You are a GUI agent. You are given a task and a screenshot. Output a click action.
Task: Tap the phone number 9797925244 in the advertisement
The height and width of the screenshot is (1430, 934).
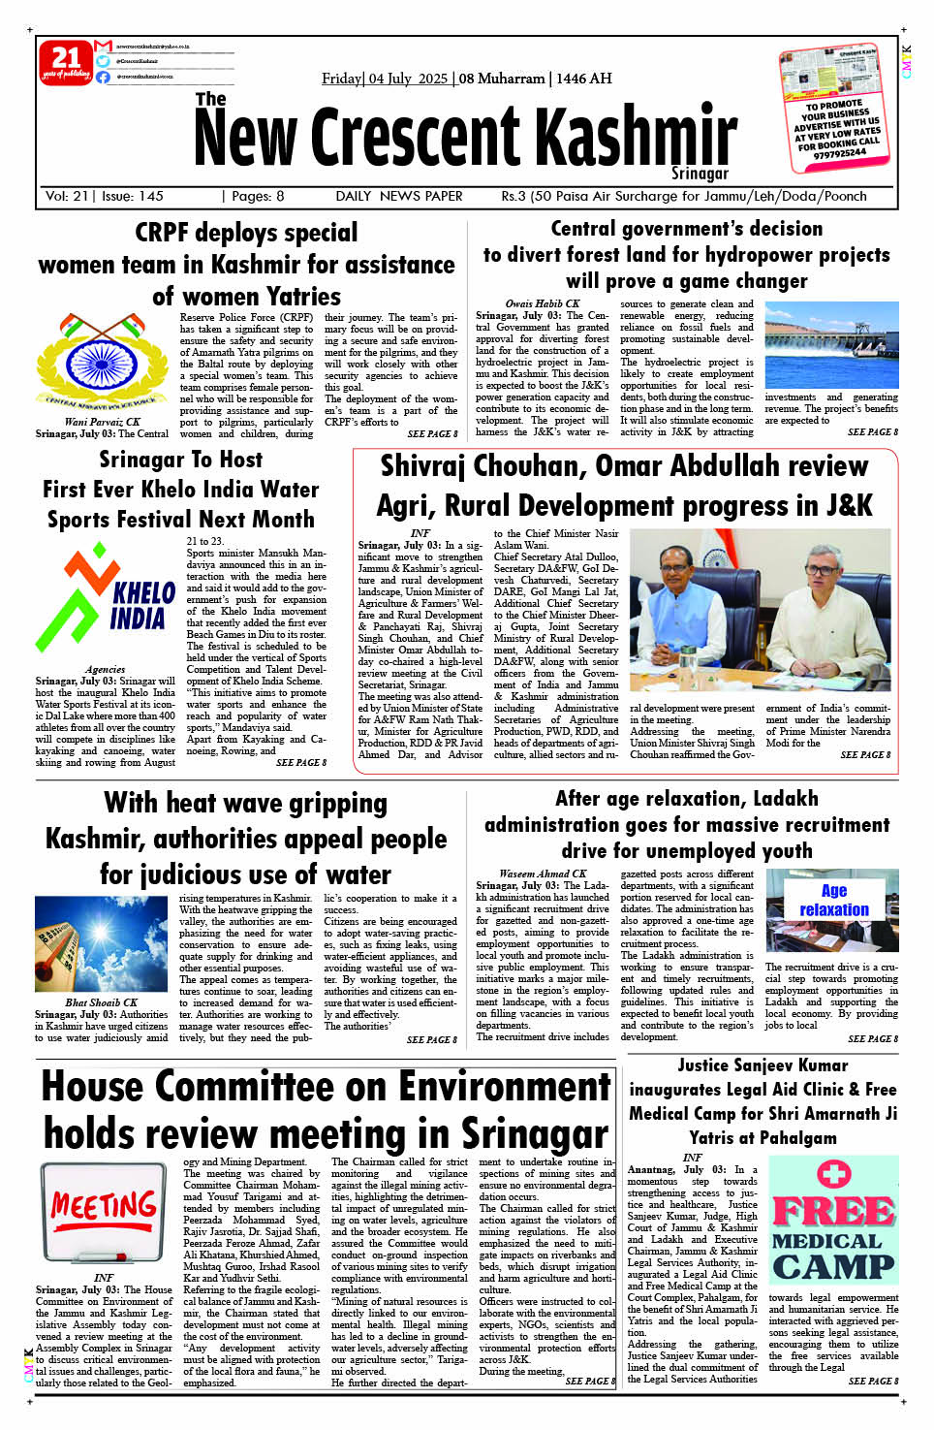(x=839, y=153)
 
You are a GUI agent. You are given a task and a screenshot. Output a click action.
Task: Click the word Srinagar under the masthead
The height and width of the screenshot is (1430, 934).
(x=700, y=174)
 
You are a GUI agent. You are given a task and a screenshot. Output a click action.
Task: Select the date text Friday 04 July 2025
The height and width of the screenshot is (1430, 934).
(x=385, y=79)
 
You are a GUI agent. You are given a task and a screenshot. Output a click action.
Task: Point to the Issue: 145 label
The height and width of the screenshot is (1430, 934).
(x=133, y=196)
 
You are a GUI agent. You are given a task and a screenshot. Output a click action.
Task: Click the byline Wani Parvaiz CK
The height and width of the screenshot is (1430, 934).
(x=102, y=422)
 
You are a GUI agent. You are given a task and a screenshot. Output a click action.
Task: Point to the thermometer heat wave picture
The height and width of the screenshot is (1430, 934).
(x=102, y=943)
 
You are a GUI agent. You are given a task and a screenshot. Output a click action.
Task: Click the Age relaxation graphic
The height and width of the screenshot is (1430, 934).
(x=831, y=909)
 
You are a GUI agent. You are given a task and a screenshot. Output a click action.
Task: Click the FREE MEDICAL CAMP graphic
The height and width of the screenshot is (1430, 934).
(x=832, y=1223)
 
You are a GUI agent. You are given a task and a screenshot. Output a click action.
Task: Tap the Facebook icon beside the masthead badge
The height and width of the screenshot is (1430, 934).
(x=103, y=77)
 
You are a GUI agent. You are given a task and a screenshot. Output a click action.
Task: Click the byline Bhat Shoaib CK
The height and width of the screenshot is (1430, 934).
(x=102, y=1002)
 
